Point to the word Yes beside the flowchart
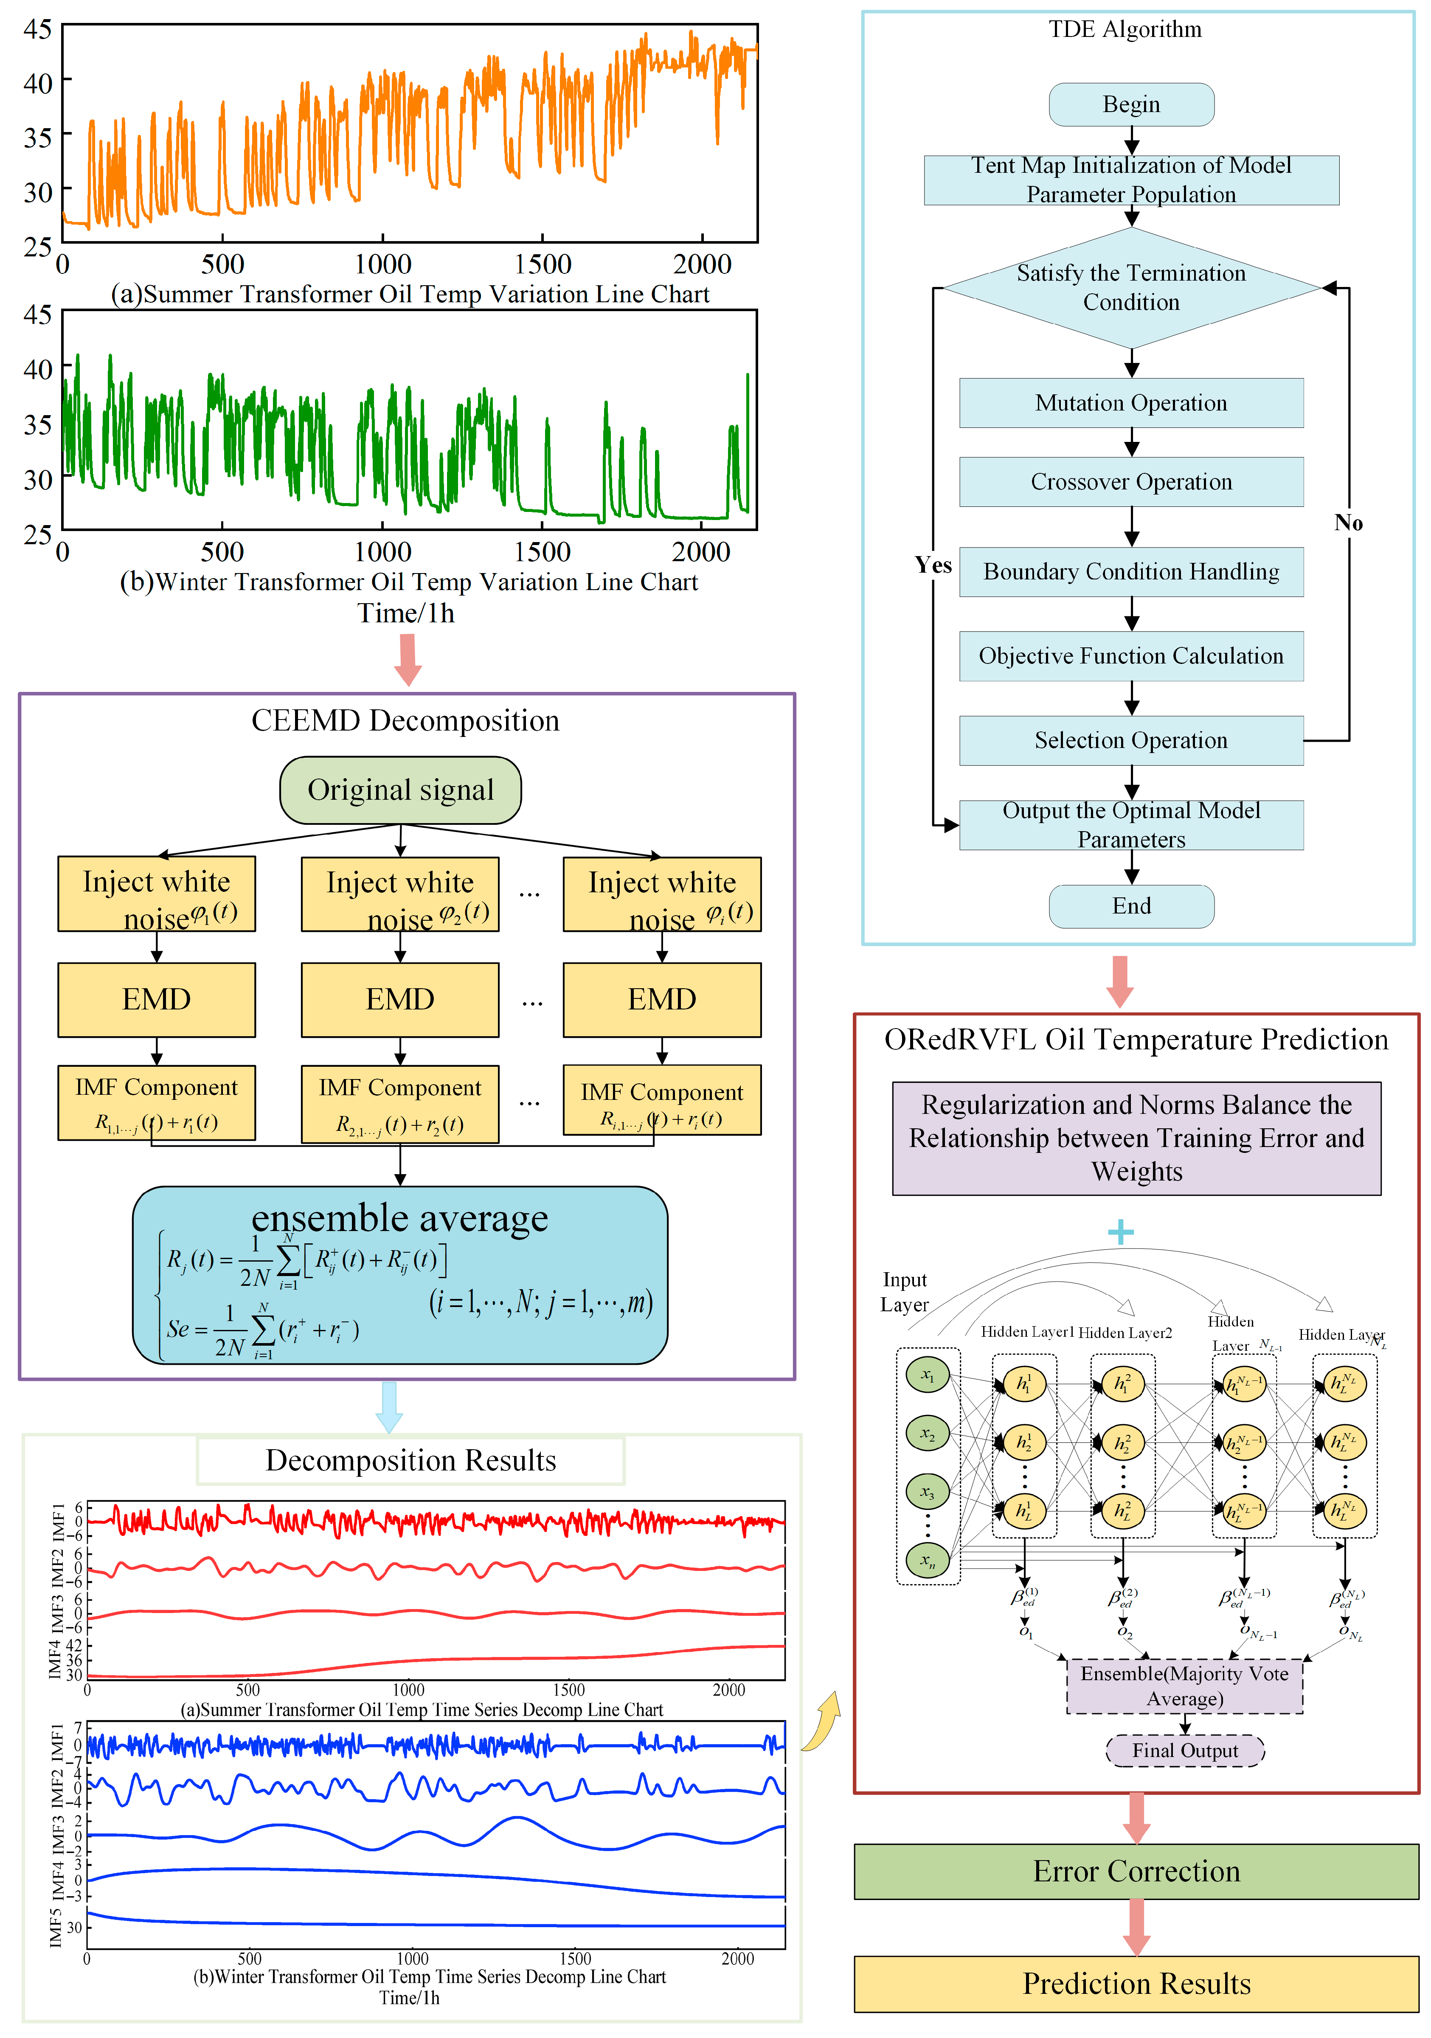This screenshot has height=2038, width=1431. (x=933, y=565)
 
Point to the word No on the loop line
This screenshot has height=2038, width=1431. (x=1347, y=523)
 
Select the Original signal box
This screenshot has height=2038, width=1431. (x=400, y=790)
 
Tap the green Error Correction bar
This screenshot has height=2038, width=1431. (x=1136, y=1871)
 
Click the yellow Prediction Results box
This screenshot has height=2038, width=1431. (x=1136, y=1983)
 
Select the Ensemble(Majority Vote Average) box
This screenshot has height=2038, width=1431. (x=1184, y=1686)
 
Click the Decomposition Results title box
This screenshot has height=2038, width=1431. (x=410, y=1460)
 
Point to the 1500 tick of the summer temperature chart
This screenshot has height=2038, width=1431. (x=543, y=264)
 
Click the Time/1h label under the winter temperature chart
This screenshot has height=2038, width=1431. (x=406, y=613)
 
